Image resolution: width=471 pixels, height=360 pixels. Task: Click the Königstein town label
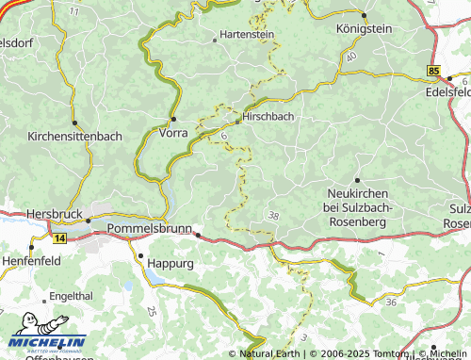pos(363,29)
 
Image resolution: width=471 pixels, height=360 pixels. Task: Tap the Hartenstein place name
pos(246,34)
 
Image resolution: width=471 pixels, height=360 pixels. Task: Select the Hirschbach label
pos(269,117)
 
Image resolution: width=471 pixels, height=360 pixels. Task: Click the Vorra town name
pos(175,134)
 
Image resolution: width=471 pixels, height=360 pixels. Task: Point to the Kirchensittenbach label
pos(74,136)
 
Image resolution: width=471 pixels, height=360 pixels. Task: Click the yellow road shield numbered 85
pos(432,71)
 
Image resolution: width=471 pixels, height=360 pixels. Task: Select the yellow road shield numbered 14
pos(60,239)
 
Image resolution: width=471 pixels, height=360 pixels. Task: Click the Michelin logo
pos(48,341)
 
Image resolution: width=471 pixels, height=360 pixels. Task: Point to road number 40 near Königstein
pos(350,57)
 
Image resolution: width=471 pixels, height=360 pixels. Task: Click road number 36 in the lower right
pos(391,302)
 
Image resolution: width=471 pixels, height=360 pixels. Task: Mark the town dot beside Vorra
pos(173,119)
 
